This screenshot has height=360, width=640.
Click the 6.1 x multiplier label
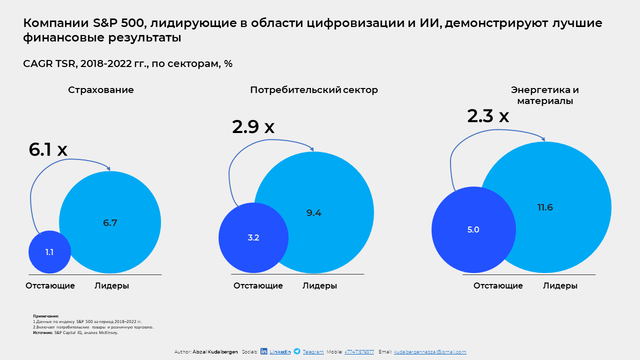click(48, 149)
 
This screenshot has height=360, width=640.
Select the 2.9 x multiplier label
click(253, 126)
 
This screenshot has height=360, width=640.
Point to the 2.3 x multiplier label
click(488, 116)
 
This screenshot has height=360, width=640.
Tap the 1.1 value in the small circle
click(49, 252)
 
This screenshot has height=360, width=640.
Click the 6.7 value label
click(110, 222)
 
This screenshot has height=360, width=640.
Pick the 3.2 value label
click(253, 237)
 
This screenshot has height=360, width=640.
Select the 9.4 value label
click(313, 212)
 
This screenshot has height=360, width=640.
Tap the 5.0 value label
click(473, 229)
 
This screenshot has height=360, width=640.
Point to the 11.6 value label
click(545, 207)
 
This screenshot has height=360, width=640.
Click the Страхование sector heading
click(101, 90)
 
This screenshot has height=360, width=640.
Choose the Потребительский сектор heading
click(314, 90)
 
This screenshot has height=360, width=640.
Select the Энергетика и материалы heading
click(545, 95)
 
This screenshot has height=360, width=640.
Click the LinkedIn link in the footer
click(280, 351)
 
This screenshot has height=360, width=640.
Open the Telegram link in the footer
click(313, 351)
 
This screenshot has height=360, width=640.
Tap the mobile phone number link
click(359, 351)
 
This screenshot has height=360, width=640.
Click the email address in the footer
click(430, 351)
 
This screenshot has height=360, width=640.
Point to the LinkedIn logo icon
click(263, 351)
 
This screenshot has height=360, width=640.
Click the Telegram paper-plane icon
click(297, 351)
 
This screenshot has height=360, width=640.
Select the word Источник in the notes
click(43, 332)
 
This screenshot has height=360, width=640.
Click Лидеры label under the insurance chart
click(111, 285)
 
